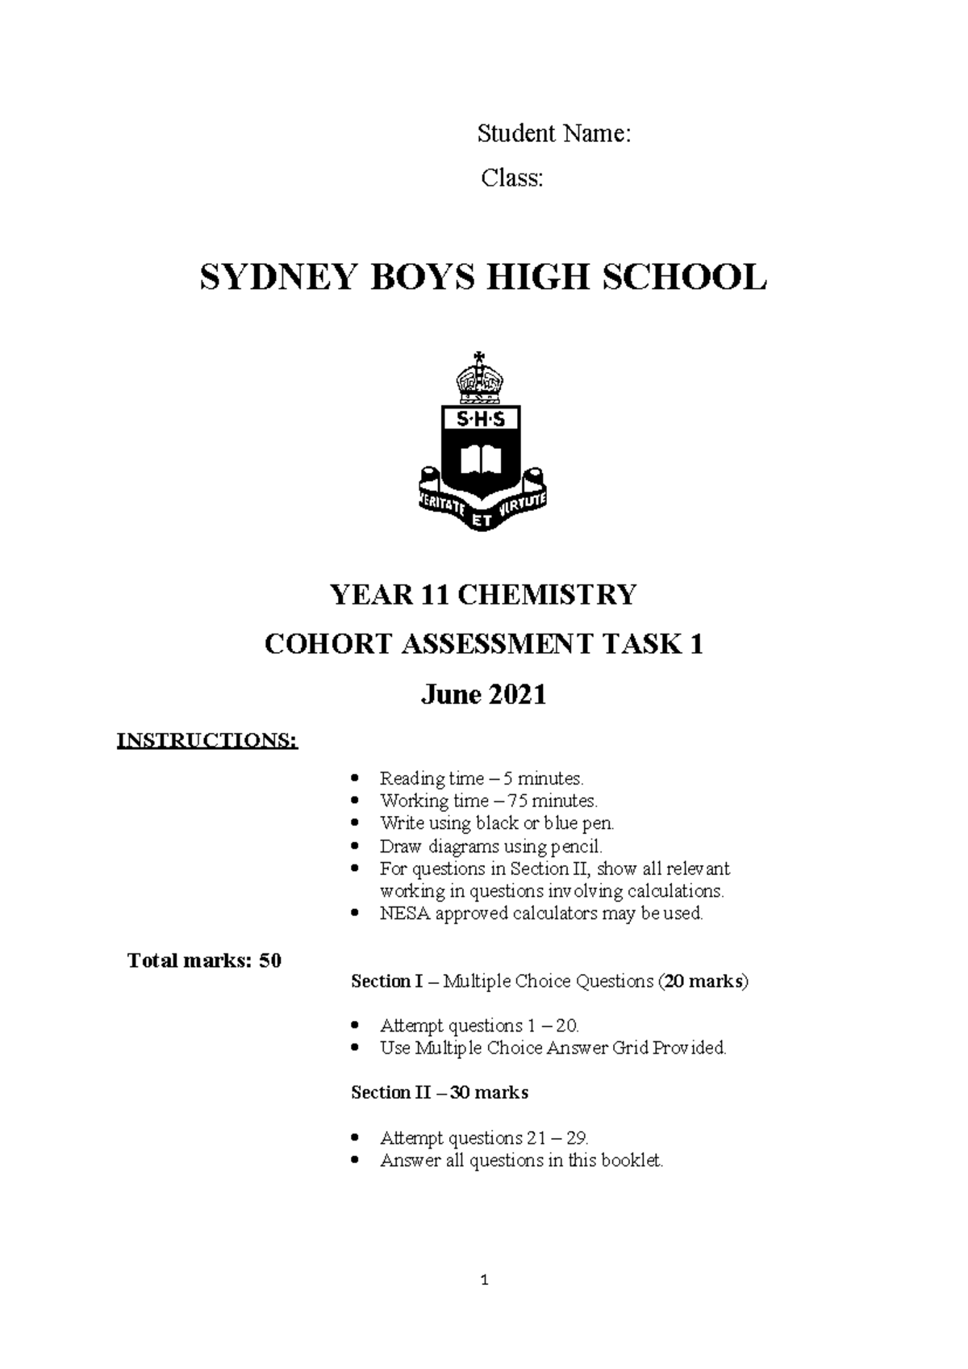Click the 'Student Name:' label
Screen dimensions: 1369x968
[553, 133]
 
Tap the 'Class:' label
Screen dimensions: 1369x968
[512, 178]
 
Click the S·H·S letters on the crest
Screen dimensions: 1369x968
[481, 420]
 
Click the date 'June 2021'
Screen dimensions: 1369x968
[483, 695]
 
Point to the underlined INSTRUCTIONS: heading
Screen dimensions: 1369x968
[207, 741]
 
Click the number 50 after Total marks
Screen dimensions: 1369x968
[270, 961]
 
